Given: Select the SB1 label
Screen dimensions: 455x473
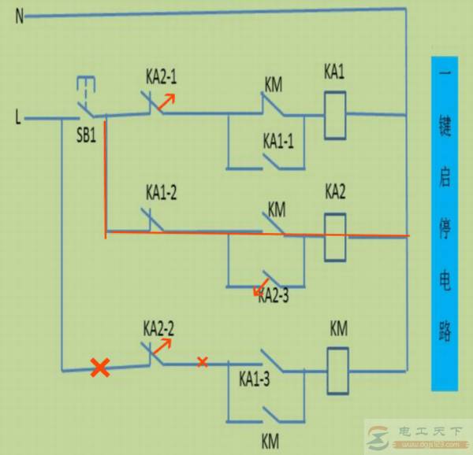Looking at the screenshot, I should pos(86,135).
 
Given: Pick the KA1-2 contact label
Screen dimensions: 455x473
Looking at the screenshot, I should pos(162,191).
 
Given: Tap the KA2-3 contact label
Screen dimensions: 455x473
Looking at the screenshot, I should pos(275,296).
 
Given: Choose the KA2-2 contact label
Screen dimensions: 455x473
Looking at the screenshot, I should pos(158,327).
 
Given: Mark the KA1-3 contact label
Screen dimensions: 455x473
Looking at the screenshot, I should pos(255,379).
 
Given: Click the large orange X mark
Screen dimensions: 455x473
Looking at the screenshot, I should pos(99,367).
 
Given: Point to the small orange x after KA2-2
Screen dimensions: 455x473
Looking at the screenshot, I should pos(202,362).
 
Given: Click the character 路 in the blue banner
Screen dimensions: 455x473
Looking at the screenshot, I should pos(445,331).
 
